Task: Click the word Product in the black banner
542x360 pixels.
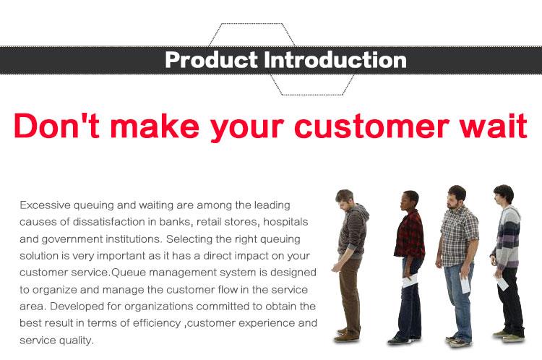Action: tap(212, 60)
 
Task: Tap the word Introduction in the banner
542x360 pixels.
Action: tap(335, 60)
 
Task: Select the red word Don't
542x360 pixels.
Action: tap(56, 125)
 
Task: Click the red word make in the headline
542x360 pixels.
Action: tap(155, 125)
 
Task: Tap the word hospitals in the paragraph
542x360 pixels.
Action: tap(285, 222)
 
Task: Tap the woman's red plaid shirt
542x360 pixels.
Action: tap(410, 235)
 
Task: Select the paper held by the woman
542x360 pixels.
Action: tap(410, 280)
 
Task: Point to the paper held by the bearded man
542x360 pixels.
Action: tap(465, 283)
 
